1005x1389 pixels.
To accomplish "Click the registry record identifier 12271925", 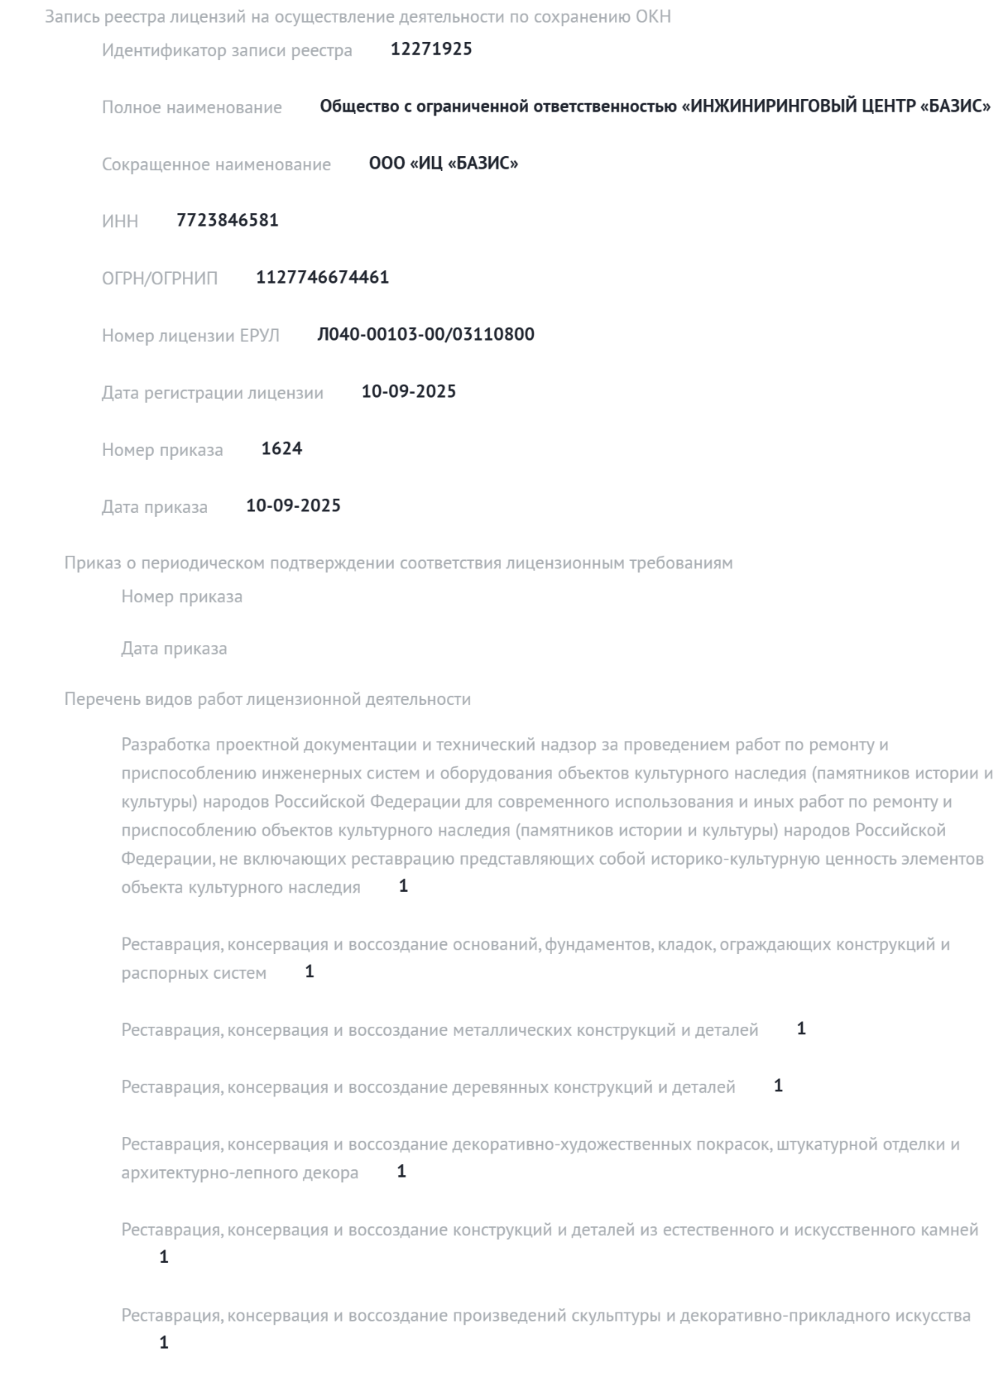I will (431, 49).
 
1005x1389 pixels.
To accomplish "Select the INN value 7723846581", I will (227, 220).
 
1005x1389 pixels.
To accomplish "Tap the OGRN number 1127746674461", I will (322, 277).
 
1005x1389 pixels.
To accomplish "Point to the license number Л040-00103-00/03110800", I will (425, 334).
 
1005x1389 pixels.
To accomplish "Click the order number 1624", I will (282, 448).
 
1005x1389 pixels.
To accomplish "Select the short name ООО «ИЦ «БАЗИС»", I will (443, 163).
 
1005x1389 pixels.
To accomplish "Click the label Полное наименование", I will (192, 107).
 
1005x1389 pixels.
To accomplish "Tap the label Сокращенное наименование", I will (216, 164).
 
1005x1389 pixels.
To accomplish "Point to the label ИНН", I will (120, 221).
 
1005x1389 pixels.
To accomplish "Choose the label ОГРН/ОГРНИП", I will (160, 278).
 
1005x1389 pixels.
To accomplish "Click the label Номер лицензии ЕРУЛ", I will (190, 335).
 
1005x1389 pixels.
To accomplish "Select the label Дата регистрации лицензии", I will (212, 392).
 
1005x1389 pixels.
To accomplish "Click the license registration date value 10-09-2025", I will (409, 391).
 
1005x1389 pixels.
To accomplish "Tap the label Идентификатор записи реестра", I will (226, 50).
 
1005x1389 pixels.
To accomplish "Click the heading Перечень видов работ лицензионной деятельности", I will (268, 699).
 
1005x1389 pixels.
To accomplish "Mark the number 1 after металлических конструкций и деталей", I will (801, 1029).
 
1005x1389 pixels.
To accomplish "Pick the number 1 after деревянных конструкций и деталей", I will (778, 1086).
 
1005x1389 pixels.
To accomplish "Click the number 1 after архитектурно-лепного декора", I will (401, 1171).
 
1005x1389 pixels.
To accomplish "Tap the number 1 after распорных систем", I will (310, 972).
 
